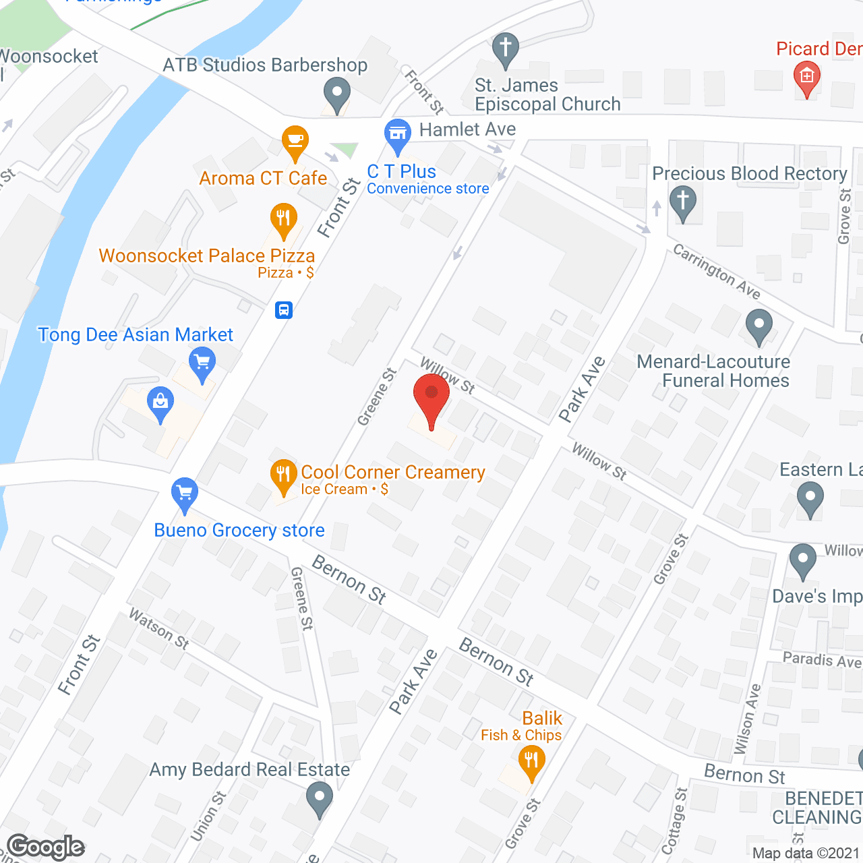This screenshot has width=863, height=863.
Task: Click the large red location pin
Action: pyautogui.click(x=431, y=398)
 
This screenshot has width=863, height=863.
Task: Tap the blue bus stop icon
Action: pyautogui.click(x=284, y=310)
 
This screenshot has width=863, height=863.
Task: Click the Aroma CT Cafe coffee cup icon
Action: pyautogui.click(x=295, y=141)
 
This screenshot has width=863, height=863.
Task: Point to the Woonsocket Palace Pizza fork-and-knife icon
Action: pyautogui.click(x=284, y=219)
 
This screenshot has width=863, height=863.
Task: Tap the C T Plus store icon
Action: pyautogui.click(x=398, y=134)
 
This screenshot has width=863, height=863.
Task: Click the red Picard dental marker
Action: pyautogui.click(x=806, y=77)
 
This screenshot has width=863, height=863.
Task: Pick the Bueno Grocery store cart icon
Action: pyautogui.click(x=184, y=493)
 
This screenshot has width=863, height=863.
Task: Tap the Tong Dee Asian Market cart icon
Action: pyautogui.click(x=202, y=363)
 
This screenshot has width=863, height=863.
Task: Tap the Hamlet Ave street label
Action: pyautogui.click(x=467, y=129)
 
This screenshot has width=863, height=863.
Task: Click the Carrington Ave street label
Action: pyautogui.click(x=717, y=271)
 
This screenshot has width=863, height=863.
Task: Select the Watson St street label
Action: pyautogui.click(x=159, y=628)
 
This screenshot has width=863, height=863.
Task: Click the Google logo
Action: pyautogui.click(x=46, y=847)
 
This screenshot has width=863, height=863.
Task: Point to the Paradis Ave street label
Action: pyautogui.click(x=822, y=659)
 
